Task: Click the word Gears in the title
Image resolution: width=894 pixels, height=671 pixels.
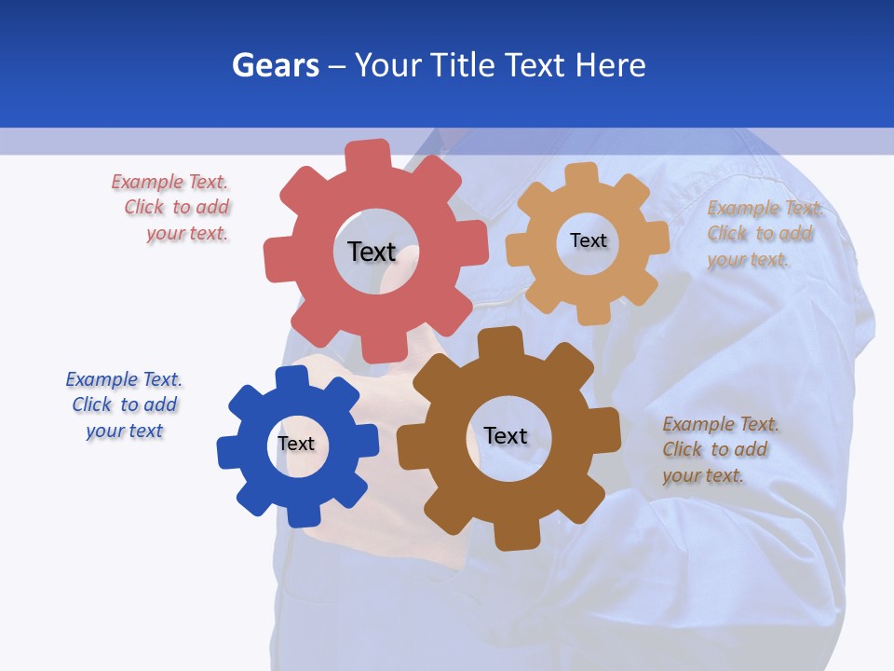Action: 275,65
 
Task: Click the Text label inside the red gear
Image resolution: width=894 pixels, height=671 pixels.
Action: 372,252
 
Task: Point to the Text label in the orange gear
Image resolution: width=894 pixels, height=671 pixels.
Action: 588,240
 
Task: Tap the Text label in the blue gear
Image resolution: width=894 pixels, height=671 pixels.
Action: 295,444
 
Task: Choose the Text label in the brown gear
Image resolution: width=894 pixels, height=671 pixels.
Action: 506,435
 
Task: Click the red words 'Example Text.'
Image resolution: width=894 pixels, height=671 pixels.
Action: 169,183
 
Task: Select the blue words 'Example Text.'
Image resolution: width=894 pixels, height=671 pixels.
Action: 124,379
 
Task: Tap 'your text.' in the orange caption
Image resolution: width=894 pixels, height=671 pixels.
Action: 748,260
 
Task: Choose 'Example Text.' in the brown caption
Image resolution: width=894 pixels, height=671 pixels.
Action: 721,424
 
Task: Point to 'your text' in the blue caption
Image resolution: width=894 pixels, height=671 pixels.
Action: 125,431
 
